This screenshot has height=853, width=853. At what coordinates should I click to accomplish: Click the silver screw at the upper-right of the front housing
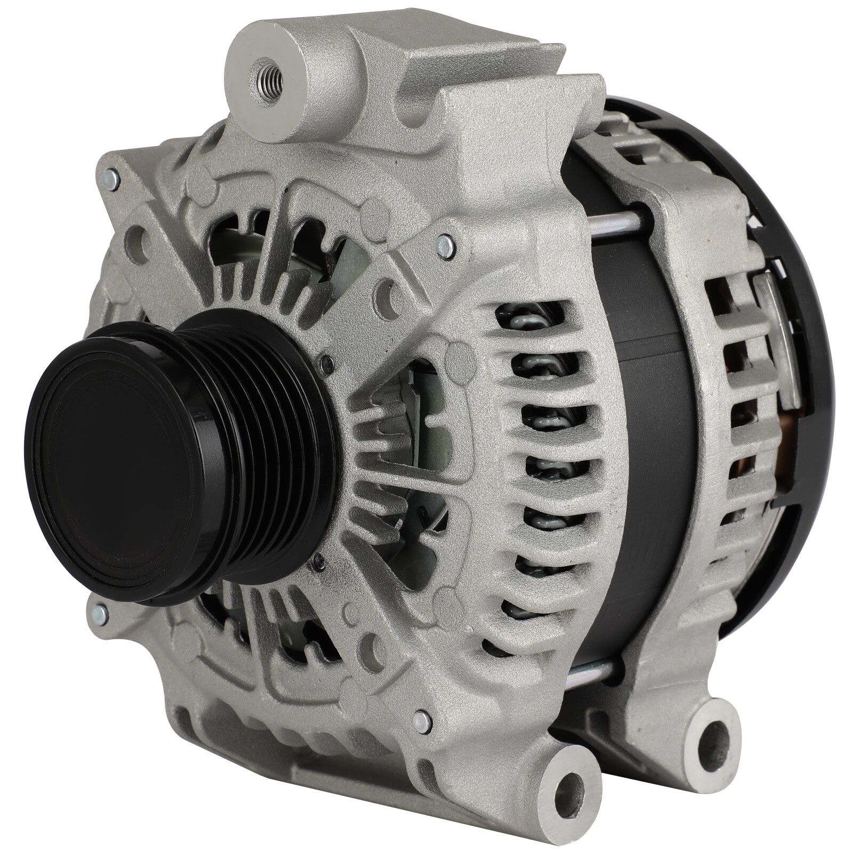pyautogui.click(x=442, y=243)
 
